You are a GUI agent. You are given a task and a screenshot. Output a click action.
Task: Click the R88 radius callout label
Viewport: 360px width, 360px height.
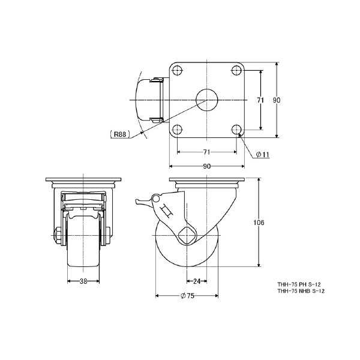[120, 134]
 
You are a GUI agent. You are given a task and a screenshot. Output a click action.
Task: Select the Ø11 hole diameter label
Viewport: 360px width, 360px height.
[262, 155]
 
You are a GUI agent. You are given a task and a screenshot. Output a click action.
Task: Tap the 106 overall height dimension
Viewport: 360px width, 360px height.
[259, 223]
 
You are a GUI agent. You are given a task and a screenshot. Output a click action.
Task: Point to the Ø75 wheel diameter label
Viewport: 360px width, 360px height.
[187, 296]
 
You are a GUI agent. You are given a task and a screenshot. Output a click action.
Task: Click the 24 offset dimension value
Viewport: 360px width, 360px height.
[197, 281]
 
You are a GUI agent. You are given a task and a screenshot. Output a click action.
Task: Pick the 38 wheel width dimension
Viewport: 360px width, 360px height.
[83, 281]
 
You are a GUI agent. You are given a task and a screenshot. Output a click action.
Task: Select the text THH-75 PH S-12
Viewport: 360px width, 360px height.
[299, 284]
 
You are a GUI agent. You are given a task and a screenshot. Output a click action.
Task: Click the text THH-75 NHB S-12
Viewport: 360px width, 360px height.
[301, 291]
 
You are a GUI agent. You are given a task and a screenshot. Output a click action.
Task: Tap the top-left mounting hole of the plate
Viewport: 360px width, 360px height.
[177, 70]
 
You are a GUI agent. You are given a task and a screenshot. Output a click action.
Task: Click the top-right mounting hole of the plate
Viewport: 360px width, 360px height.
[236, 70]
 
